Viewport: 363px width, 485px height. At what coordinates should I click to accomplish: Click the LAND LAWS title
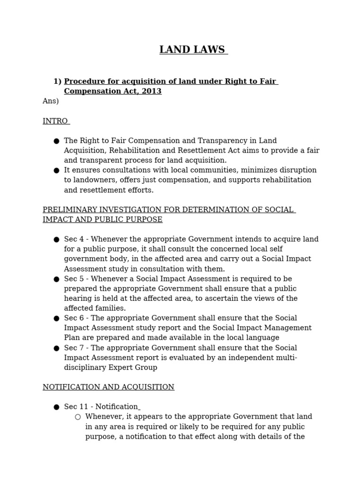pos(192,50)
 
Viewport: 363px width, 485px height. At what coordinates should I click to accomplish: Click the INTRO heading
pos(55,121)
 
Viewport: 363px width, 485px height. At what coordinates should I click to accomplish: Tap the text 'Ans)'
pos(51,101)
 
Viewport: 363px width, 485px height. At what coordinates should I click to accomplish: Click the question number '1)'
pos(57,81)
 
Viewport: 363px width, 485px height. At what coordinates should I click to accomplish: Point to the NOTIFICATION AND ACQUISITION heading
pos(108,387)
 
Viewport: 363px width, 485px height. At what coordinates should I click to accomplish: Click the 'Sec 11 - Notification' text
pos(101,407)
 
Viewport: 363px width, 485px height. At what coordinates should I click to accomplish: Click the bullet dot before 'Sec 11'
pos(56,407)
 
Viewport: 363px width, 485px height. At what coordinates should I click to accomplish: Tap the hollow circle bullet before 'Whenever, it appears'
pos(78,417)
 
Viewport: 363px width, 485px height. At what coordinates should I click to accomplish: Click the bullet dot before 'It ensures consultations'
pos(56,171)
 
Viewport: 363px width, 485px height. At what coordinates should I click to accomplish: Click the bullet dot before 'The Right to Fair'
pos(56,141)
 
